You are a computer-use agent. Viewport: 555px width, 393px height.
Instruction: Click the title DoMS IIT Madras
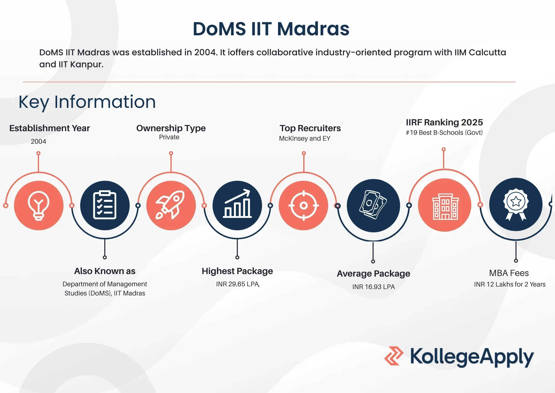tap(271, 29)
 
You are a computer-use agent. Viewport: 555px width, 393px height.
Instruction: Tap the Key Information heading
tap(87, 102)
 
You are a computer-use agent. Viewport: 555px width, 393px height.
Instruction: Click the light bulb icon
tap(39, 206)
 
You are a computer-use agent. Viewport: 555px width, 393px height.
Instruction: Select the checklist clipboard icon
tap(105, 205)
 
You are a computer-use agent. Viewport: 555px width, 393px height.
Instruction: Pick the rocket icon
tap(170, 205)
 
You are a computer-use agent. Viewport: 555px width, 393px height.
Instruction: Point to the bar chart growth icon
tap(237, 203)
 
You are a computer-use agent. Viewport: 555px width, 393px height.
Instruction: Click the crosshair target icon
tap(304, 206)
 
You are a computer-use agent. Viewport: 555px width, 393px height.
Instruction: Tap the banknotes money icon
tap(373, 205)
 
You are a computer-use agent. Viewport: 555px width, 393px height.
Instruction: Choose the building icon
tap(445, 207)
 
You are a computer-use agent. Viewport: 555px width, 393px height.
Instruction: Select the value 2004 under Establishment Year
tap(38, 141)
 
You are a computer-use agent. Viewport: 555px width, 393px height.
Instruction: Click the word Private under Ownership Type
tap(169, 137)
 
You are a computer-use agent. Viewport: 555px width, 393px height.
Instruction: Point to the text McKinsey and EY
tap(305, 138)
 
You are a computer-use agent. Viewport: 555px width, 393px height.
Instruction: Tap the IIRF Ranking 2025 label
tap(444, 122)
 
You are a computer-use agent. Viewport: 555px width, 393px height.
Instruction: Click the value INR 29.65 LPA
tap(238, 284)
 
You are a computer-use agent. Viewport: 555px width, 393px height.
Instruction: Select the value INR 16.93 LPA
tap(374, 287)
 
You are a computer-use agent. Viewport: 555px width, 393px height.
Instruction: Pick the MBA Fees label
tap(509, 273)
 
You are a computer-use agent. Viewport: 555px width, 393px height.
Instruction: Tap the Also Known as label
tap(105, 271)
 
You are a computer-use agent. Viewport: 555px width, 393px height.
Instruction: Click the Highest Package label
tap(237, 271)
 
